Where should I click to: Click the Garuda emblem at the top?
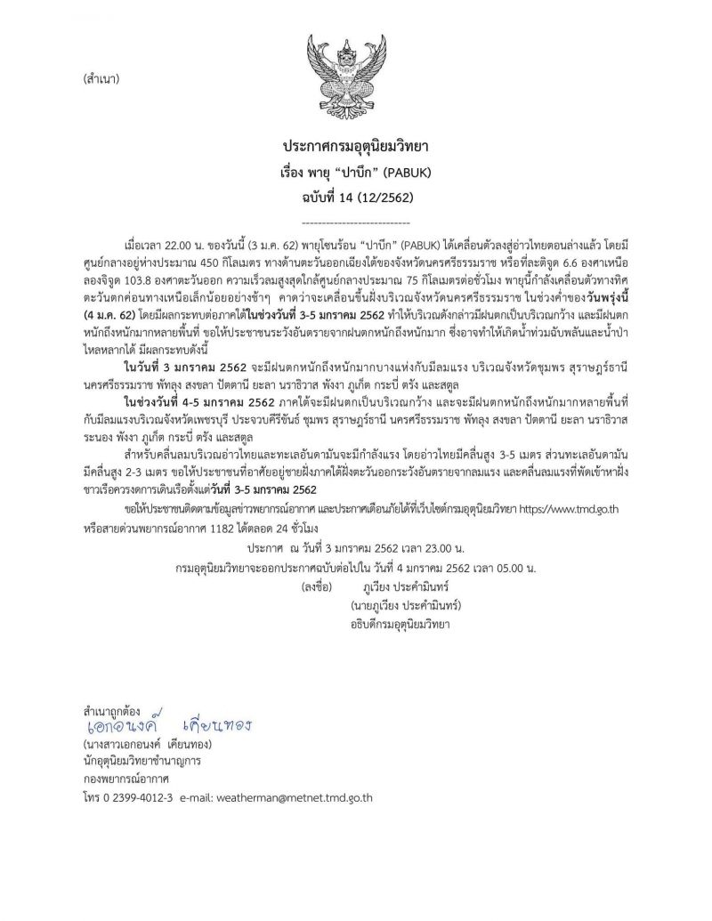pyautogui.click(x=355, y=67)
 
